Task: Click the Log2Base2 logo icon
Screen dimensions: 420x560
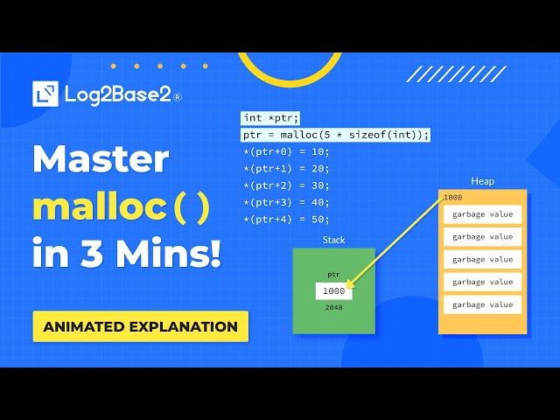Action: point(45,94)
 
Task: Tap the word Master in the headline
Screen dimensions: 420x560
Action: point(101,160)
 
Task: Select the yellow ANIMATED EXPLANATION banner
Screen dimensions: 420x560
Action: point(141,326)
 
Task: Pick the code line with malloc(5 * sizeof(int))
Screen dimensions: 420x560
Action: point(336,135)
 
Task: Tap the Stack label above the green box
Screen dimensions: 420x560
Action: point(333,240)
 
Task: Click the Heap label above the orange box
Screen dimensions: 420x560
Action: point(482,181)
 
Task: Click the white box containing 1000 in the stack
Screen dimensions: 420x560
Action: point(333,290)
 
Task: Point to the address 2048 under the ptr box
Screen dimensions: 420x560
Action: point(333,308)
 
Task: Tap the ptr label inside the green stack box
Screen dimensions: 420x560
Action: point(333,274)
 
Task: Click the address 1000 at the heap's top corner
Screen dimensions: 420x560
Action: point(452,198)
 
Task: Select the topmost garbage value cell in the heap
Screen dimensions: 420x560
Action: point(483,214)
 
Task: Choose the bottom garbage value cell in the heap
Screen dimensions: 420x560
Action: point(483,305)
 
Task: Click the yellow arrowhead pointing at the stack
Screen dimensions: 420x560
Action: point(351,284)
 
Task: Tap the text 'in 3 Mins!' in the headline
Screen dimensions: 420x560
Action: point(127,255)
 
